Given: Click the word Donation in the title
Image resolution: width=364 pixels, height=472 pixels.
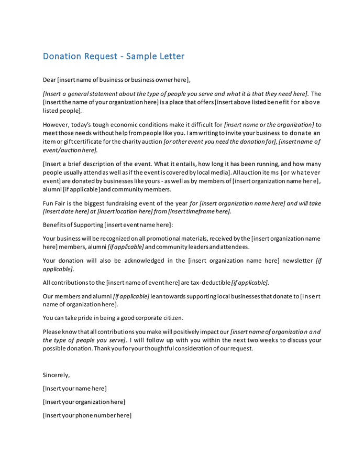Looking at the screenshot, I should tap(62, 56).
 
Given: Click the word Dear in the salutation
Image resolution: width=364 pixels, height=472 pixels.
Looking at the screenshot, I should tap(49, 80).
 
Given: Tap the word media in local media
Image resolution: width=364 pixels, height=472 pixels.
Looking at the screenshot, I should tap(216, 173).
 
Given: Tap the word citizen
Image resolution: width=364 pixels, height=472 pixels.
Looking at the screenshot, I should tap(172, 318).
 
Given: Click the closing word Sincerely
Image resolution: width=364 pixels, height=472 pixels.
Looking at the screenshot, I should tap(56, 375).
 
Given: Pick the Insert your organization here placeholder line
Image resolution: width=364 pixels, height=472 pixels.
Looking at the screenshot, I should tap(84, 402).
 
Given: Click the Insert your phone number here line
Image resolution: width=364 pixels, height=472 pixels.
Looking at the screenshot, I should tap(87, 415).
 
